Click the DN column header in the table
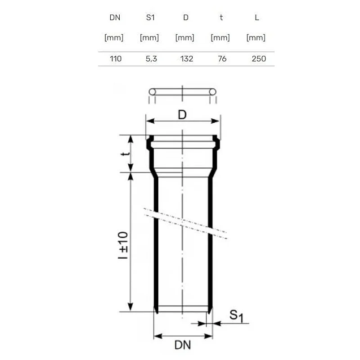(x=116, y=18)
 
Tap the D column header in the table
(x=185, y=18)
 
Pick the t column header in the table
(x=221, y=18)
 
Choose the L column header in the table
(x=256, y=18)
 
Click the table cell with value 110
(x=116, y=58)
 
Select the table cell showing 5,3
(x=151, y=58)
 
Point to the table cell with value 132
(x=186, y=58)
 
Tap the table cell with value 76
(x=222, y=58)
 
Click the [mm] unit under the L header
(x=256, y=38)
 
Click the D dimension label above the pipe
(x=182, y=115)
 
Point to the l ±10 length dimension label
(x=124, y=245)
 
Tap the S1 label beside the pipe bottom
(x=236, y=315)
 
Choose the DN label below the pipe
(x=183, y=346)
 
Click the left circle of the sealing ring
(x=152, y=92)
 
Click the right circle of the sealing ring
(x=213, y=92)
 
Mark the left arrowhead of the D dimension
(x=148, y=121)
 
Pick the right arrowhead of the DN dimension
(x=209, y=336)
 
